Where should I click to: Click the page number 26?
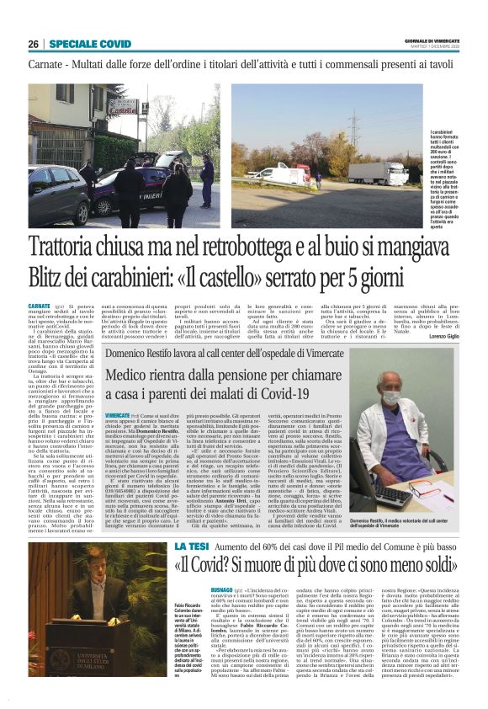[33, 43]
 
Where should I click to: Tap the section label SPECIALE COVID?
[90, 43]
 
